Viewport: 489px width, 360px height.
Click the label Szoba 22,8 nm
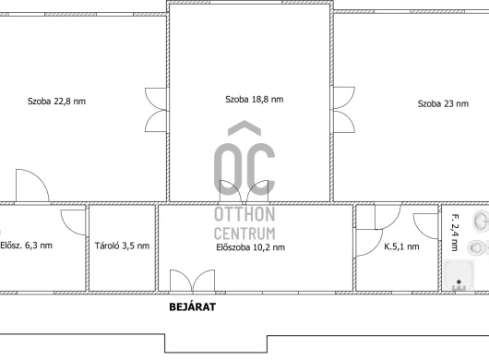[x=56, y=102]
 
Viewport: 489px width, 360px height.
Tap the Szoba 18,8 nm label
[x=254, y=100]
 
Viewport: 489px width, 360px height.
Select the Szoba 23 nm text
[x=443, y=103]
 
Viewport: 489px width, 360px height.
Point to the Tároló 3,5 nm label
[x=122, y=246]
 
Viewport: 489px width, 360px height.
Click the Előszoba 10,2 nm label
[x=250, y=247]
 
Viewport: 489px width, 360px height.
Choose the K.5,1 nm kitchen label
[x=401, y=246]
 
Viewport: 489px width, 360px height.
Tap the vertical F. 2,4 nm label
[x=455, y=233]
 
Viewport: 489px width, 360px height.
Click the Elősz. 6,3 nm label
[x=26, y=246]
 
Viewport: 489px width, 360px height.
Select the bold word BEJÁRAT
[x=193, y=307]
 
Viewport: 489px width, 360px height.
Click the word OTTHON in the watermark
[x=244, y=214]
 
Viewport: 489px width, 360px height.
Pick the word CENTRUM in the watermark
[x=244, y=234]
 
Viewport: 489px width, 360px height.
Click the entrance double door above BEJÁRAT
[x=193, y=282]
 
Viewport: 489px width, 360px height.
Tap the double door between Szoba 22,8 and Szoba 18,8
[x=156, y=110]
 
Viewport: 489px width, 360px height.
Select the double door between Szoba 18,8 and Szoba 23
[x=344, y=110]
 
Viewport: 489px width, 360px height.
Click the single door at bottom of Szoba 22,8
[x=32, y=186]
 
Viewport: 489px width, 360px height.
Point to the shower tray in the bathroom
[x=459, y=274]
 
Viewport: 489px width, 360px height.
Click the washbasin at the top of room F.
[x=482, y=221]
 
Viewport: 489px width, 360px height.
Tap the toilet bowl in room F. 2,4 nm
[x=478, y=247]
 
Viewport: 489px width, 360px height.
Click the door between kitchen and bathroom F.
[x=426, y=226]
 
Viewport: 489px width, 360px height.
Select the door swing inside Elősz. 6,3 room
[x=73, y=222]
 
